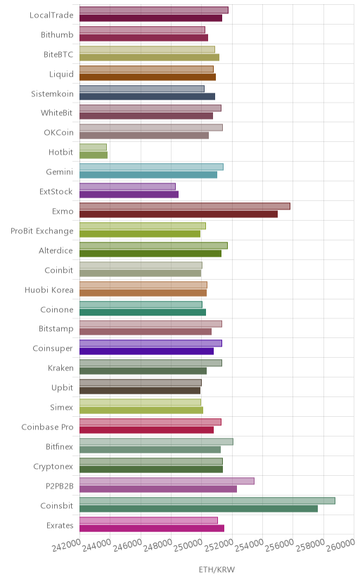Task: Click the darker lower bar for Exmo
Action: click(179, 214)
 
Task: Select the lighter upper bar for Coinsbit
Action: click(207, 500)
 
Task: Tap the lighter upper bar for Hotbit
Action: click(93, 147)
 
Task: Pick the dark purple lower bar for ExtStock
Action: click(129, 195)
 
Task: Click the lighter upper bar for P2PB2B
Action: click(167, 481)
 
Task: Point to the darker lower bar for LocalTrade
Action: click(150, 18)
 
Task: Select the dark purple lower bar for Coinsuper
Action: click(146, 351)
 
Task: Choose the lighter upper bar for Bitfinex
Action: click(156, 441)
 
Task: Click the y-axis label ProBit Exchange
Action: click(42, 231)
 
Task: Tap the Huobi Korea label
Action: click(49, 290)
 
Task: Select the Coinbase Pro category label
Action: click(48, 427)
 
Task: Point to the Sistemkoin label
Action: click(52, 93)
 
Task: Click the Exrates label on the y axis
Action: click(60, 525)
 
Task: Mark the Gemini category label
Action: click(59, 172)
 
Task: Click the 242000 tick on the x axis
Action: click(66, 545)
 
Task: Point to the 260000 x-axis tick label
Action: click(340, 545)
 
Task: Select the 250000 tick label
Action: click(188, 545)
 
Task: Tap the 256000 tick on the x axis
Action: click(279, 545)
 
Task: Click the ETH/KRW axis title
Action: click(217, 569)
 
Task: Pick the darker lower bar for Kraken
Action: click(143, 371)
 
